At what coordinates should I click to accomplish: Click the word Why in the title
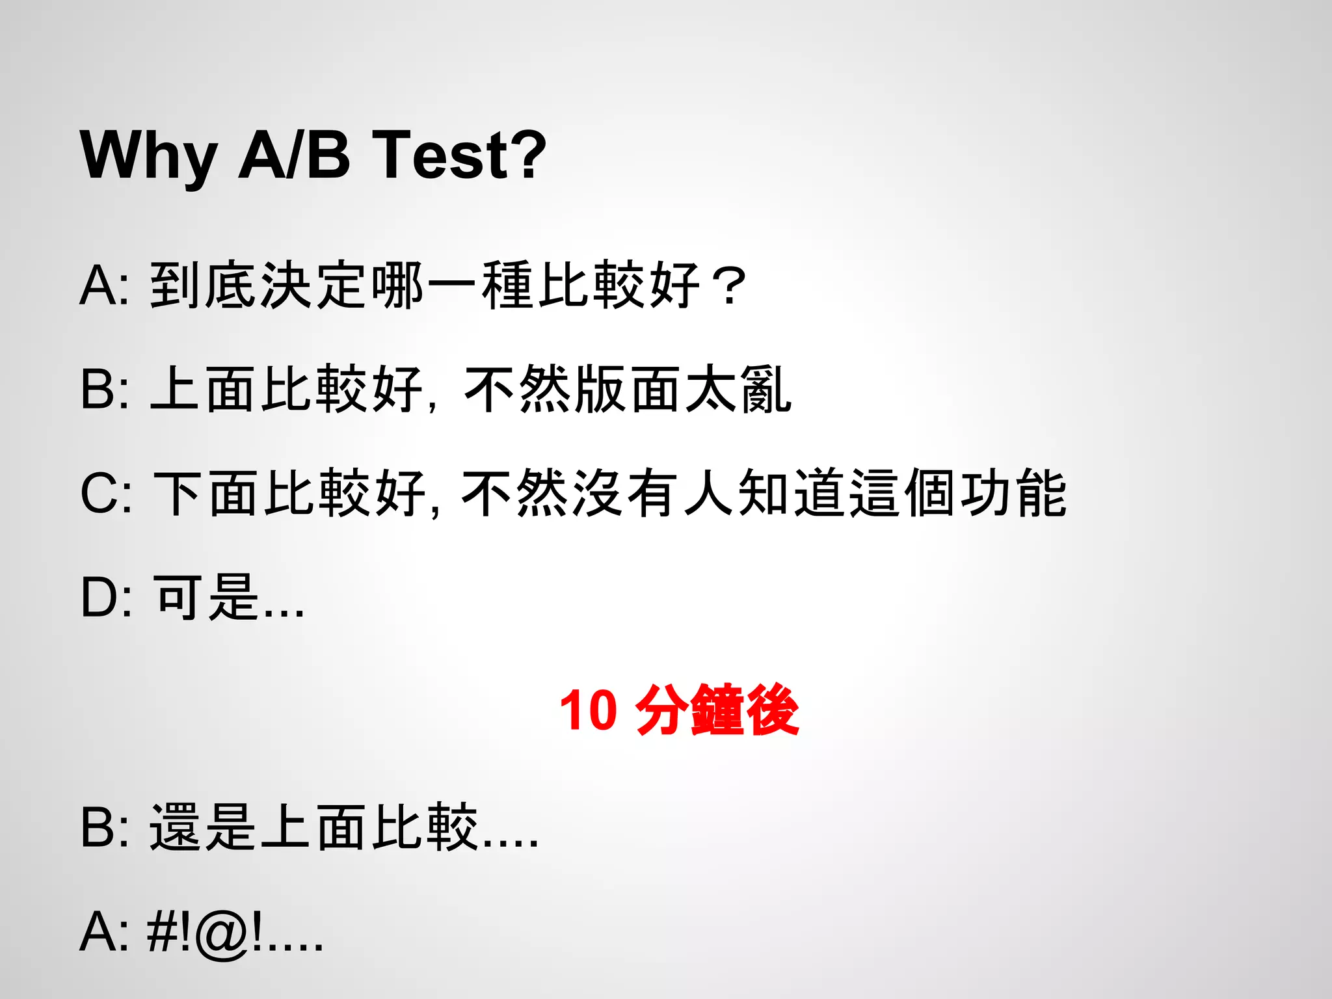pos(148,156)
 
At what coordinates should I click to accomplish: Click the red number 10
pos(588,710)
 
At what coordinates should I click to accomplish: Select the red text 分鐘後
pos(717,710)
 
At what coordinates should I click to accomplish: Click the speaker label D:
pos(106,597)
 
